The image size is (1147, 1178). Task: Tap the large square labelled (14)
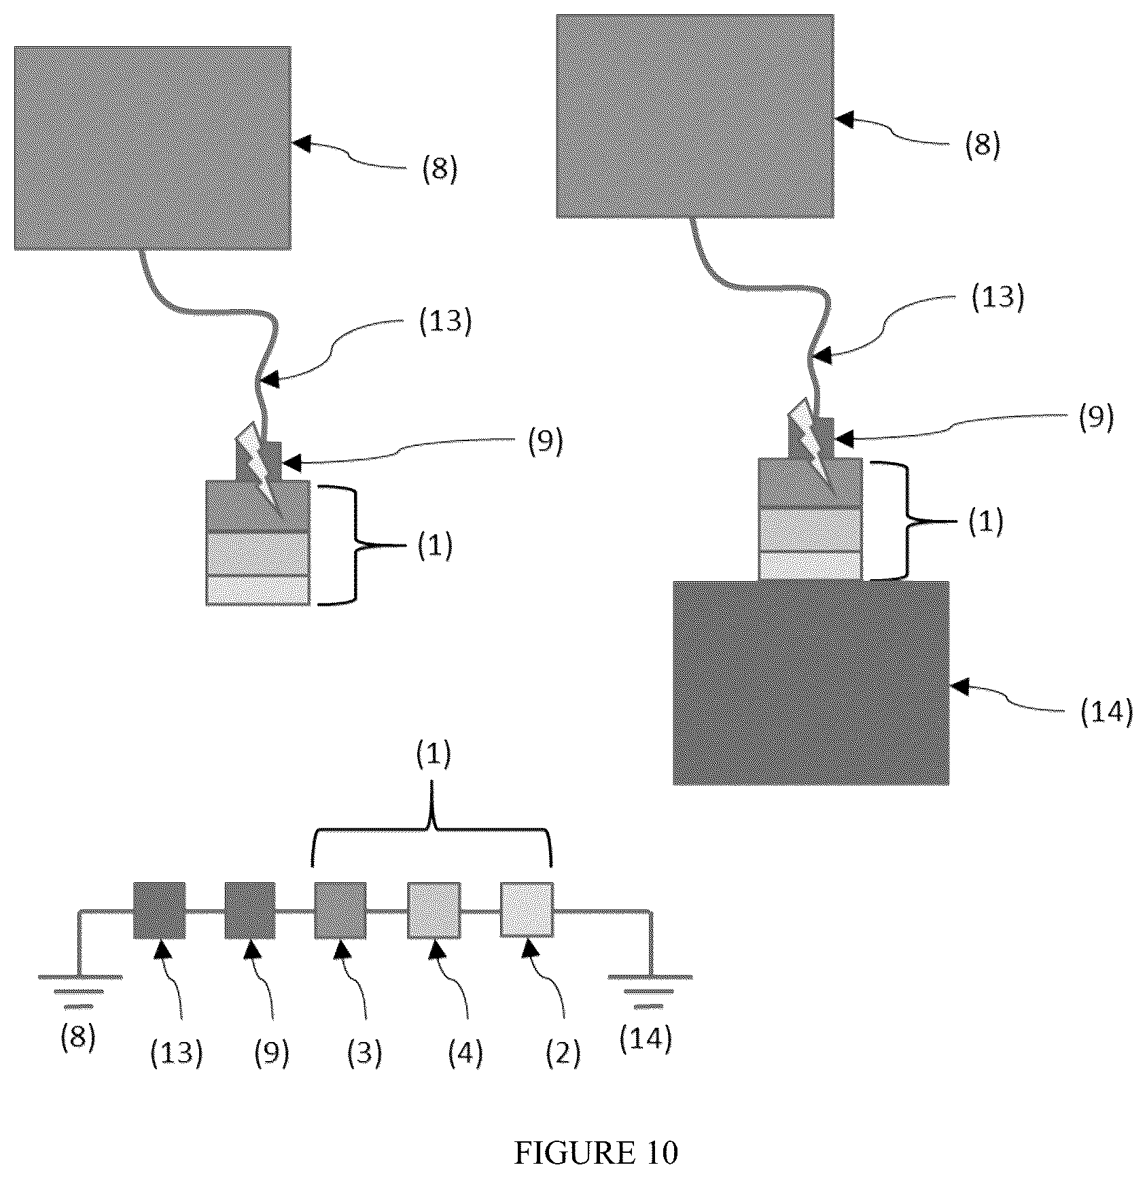click(811, 683)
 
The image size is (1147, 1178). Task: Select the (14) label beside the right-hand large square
click(1106, 712)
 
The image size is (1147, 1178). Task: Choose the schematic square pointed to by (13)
click(159, 910)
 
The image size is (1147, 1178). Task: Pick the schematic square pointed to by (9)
click(250, 910)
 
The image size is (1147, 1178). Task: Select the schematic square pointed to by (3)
click(340, 910)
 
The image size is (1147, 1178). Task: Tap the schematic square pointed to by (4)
click(434, 910)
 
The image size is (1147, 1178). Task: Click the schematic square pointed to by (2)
click(527, 910)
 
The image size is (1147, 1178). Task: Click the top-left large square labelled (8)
click(153, 148)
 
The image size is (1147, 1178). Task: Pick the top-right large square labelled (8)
click(695, 116)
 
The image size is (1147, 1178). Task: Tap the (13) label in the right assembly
click(998, 297)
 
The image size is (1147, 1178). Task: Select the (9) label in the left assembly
click(544, 443)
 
